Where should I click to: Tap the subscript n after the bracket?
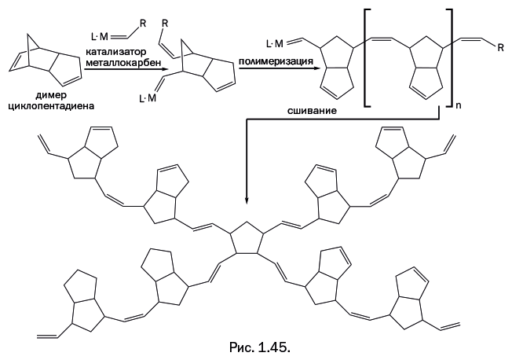click(459, 103)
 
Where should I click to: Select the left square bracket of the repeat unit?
click(367, 59)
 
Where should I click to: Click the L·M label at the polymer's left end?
click(274, 42)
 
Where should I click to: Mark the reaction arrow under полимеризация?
click(272, 69)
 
